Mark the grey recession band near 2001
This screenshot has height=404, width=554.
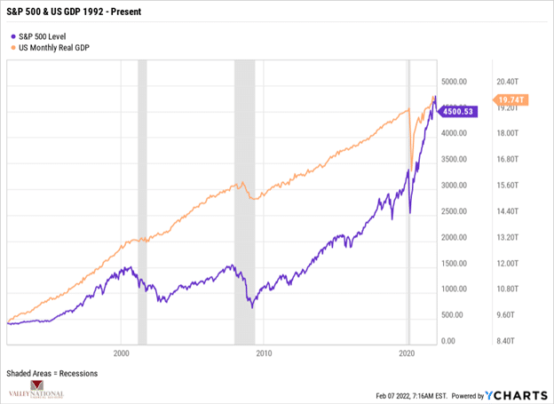pos(142,204)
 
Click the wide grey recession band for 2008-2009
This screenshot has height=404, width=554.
pos(244,204)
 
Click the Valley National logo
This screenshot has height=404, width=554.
pos(41,389)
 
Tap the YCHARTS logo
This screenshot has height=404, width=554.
pos(516,396)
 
